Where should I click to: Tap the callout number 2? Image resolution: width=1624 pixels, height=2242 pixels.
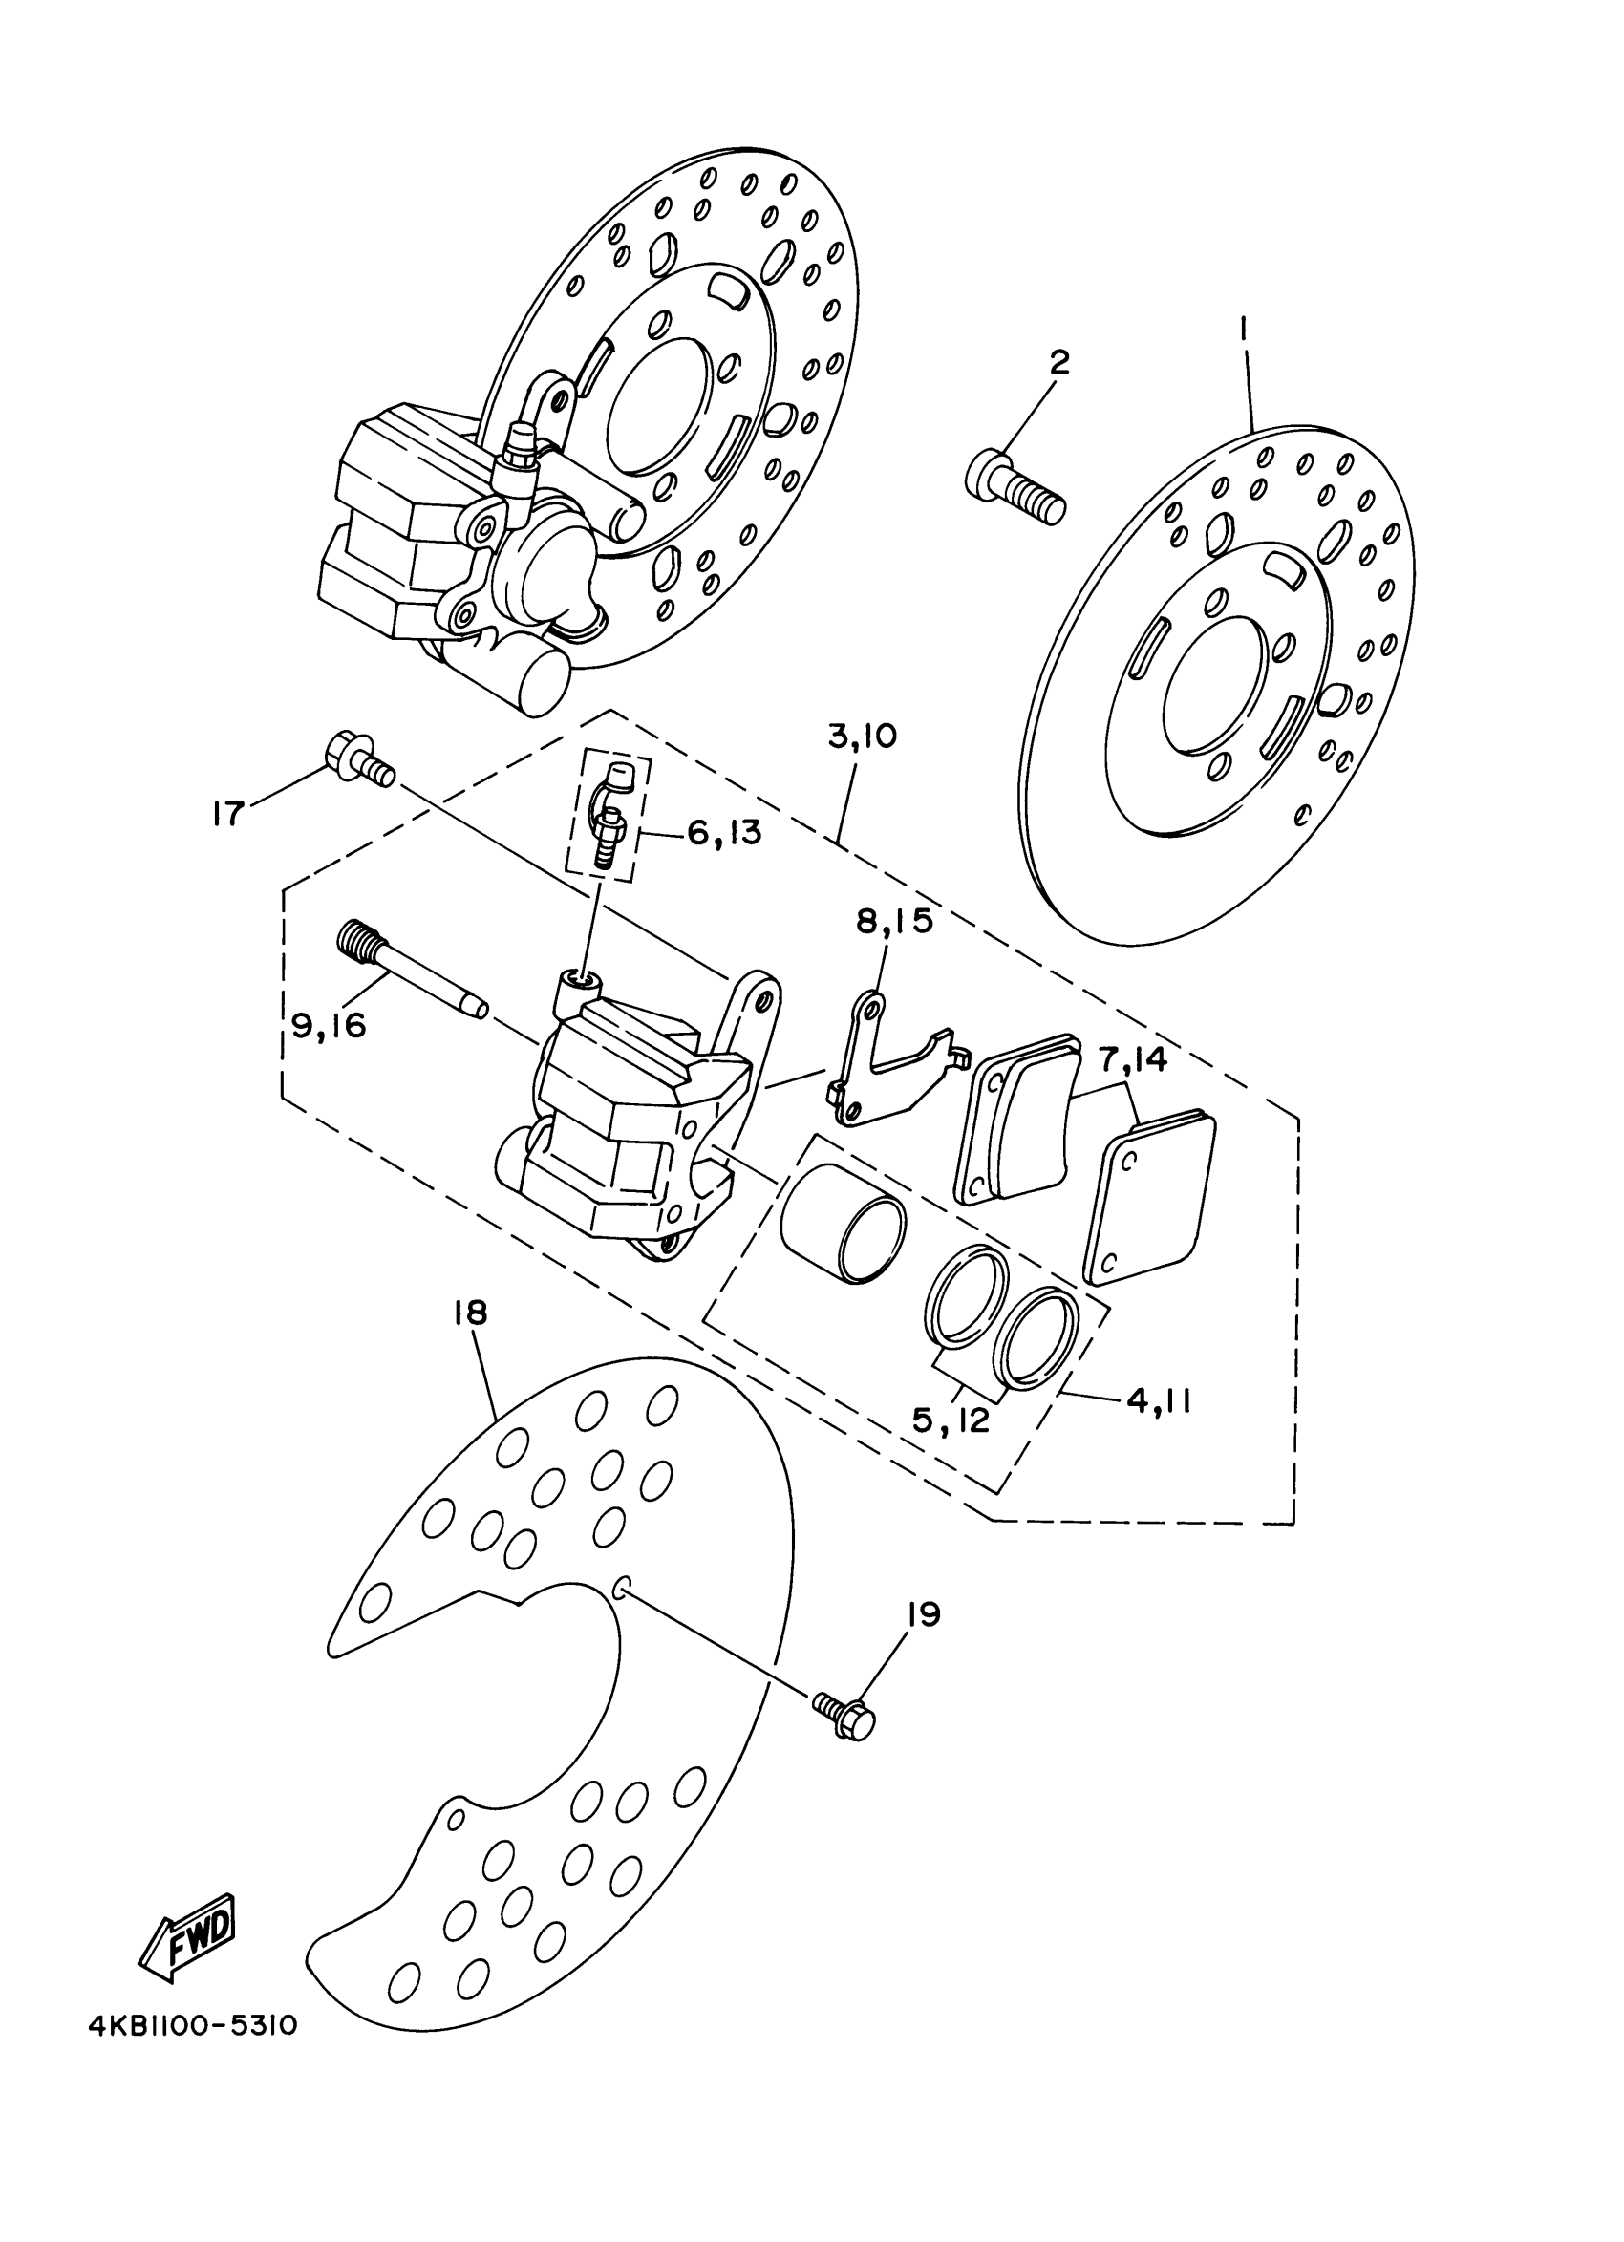click(1058, 362)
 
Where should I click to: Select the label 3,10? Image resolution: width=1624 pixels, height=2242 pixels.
click(862, 737)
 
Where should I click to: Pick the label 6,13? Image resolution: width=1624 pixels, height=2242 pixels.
click(724, 832)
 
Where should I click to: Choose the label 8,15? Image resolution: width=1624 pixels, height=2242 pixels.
click(894, 921)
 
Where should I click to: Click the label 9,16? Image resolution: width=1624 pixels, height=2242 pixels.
click(330, 1025)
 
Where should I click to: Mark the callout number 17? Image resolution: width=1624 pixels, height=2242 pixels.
click(228, 814)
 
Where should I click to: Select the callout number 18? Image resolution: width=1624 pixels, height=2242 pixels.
click(471, 1313)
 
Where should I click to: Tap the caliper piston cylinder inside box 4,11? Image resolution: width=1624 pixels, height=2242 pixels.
click(844, 1223)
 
